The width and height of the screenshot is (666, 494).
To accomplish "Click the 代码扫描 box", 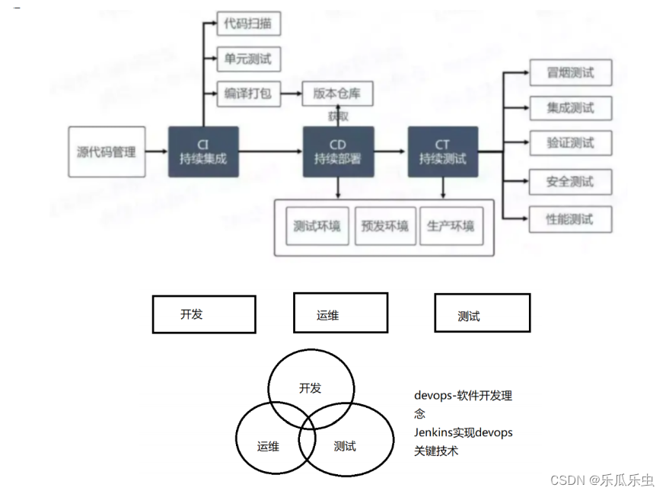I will (x=248, y=24).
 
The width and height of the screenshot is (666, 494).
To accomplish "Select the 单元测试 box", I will (x=248, y=59).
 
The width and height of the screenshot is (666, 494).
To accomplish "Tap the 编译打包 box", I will (x=248, y=94).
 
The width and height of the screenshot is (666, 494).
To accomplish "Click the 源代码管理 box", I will (x=107, y=152).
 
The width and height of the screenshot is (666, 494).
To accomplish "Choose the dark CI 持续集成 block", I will (x=203, y=152).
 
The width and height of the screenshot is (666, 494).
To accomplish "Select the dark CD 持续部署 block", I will (x=338, y=152).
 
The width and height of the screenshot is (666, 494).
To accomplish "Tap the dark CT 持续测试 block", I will (x=442, y=152).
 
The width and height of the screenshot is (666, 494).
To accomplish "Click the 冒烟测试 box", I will (x=569, y=73).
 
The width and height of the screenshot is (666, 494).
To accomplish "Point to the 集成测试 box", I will (x=569, y=108).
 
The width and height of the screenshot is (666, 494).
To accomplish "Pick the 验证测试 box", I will (x=569, y=143).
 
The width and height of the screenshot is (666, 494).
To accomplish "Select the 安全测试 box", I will (x=569, y=181).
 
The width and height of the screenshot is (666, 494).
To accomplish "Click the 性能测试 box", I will (x=569, y=219).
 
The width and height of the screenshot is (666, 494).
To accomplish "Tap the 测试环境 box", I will (x=317, y=226).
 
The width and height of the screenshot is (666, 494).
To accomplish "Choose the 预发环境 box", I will (x=384, y=226).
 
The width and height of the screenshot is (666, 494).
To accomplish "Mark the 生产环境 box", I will (x=451, y=226).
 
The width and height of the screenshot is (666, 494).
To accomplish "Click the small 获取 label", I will (x=339, y=116).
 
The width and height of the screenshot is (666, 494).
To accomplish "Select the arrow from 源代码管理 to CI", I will (x=156, y=152).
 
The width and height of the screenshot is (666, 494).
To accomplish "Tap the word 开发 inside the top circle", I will (x=311, y=388).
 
